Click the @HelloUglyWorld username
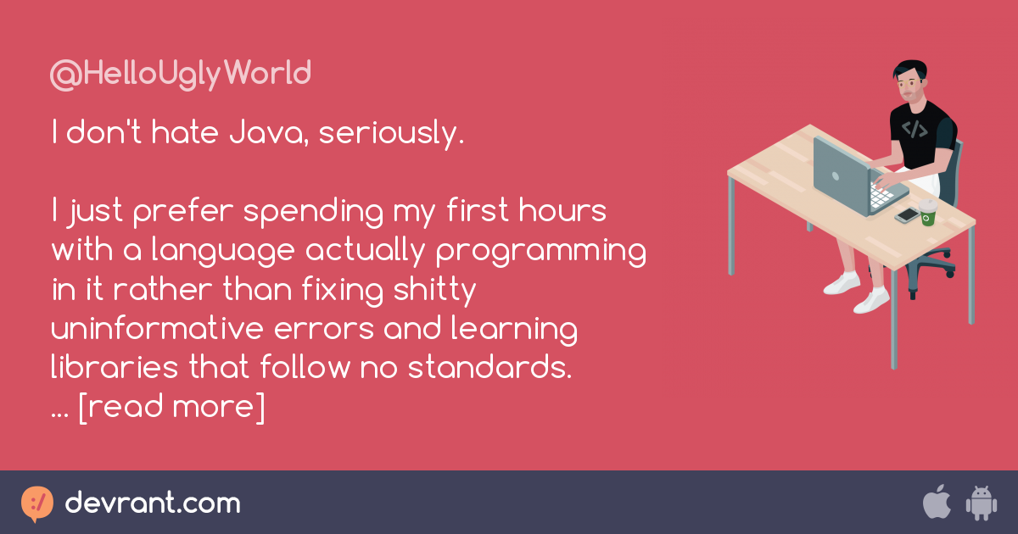pyautogui.click(x=181, y=75)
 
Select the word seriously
pyautogui.click(x=392, y=134)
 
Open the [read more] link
pyautogui.click(x=171, y=407)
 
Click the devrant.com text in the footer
pyautogui.click(x=153, y=503)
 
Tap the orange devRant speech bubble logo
pyautogui.click(x=37, y=503)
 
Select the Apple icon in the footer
pyautogui.click(x=937, y=503)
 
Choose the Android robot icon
pyautogui.click(x=981, y=503)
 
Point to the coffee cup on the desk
pyautogui.click(x=927, y=213)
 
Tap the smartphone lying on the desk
pyautogui.click(x=907, y=214)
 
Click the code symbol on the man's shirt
pyautogui.click(x=914, y=129)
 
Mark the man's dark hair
pyautogui.click(x=909, y=69)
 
